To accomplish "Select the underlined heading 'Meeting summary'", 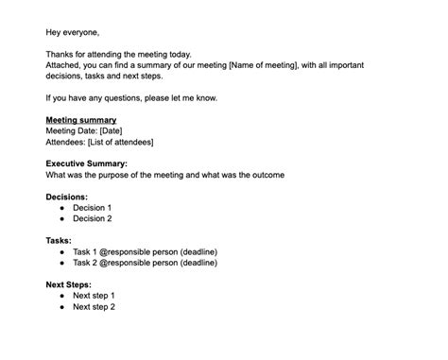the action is (x=81, y=120).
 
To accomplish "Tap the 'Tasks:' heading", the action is (x=59, y=241).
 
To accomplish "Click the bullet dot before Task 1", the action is (x=61, y=252).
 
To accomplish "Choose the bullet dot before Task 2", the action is (x=61, y=264).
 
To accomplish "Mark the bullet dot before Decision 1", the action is (x=61, y=208).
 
